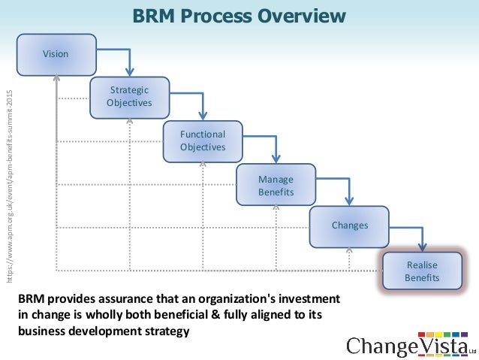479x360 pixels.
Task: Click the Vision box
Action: tap(56, 54)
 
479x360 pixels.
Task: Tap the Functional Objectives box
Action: tap(203, 141)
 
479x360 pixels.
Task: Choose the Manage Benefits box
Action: tap(276, 185)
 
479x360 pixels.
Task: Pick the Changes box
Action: tap(350, 225)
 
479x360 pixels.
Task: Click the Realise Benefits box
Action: tap(422, 271)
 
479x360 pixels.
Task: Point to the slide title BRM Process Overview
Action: tap(239, 17)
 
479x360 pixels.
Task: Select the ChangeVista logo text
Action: tap(406, 345)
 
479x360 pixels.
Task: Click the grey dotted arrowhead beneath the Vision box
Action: tap(57, 79)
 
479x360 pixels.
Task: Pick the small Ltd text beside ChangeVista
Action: tap(472, 350)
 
